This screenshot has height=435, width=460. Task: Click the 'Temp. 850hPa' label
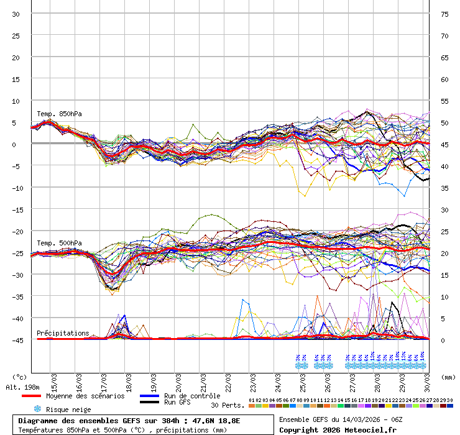point(59,114)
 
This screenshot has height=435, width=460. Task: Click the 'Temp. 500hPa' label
point(59,243)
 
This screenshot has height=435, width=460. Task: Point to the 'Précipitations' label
point(63,333)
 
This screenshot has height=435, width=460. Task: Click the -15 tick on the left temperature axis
point(17,209)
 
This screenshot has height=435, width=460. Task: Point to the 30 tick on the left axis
point(16,14)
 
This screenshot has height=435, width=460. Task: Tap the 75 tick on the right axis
point(444,14)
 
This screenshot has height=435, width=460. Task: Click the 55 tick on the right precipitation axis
point(444,101)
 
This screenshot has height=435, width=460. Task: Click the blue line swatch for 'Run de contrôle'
point(149,396)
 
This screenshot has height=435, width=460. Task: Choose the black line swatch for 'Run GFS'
point(149,403)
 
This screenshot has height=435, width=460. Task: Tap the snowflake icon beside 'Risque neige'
point(37,409)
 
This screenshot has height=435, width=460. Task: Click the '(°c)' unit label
point(20,377)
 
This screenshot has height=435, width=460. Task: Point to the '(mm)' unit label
point(447,377)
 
